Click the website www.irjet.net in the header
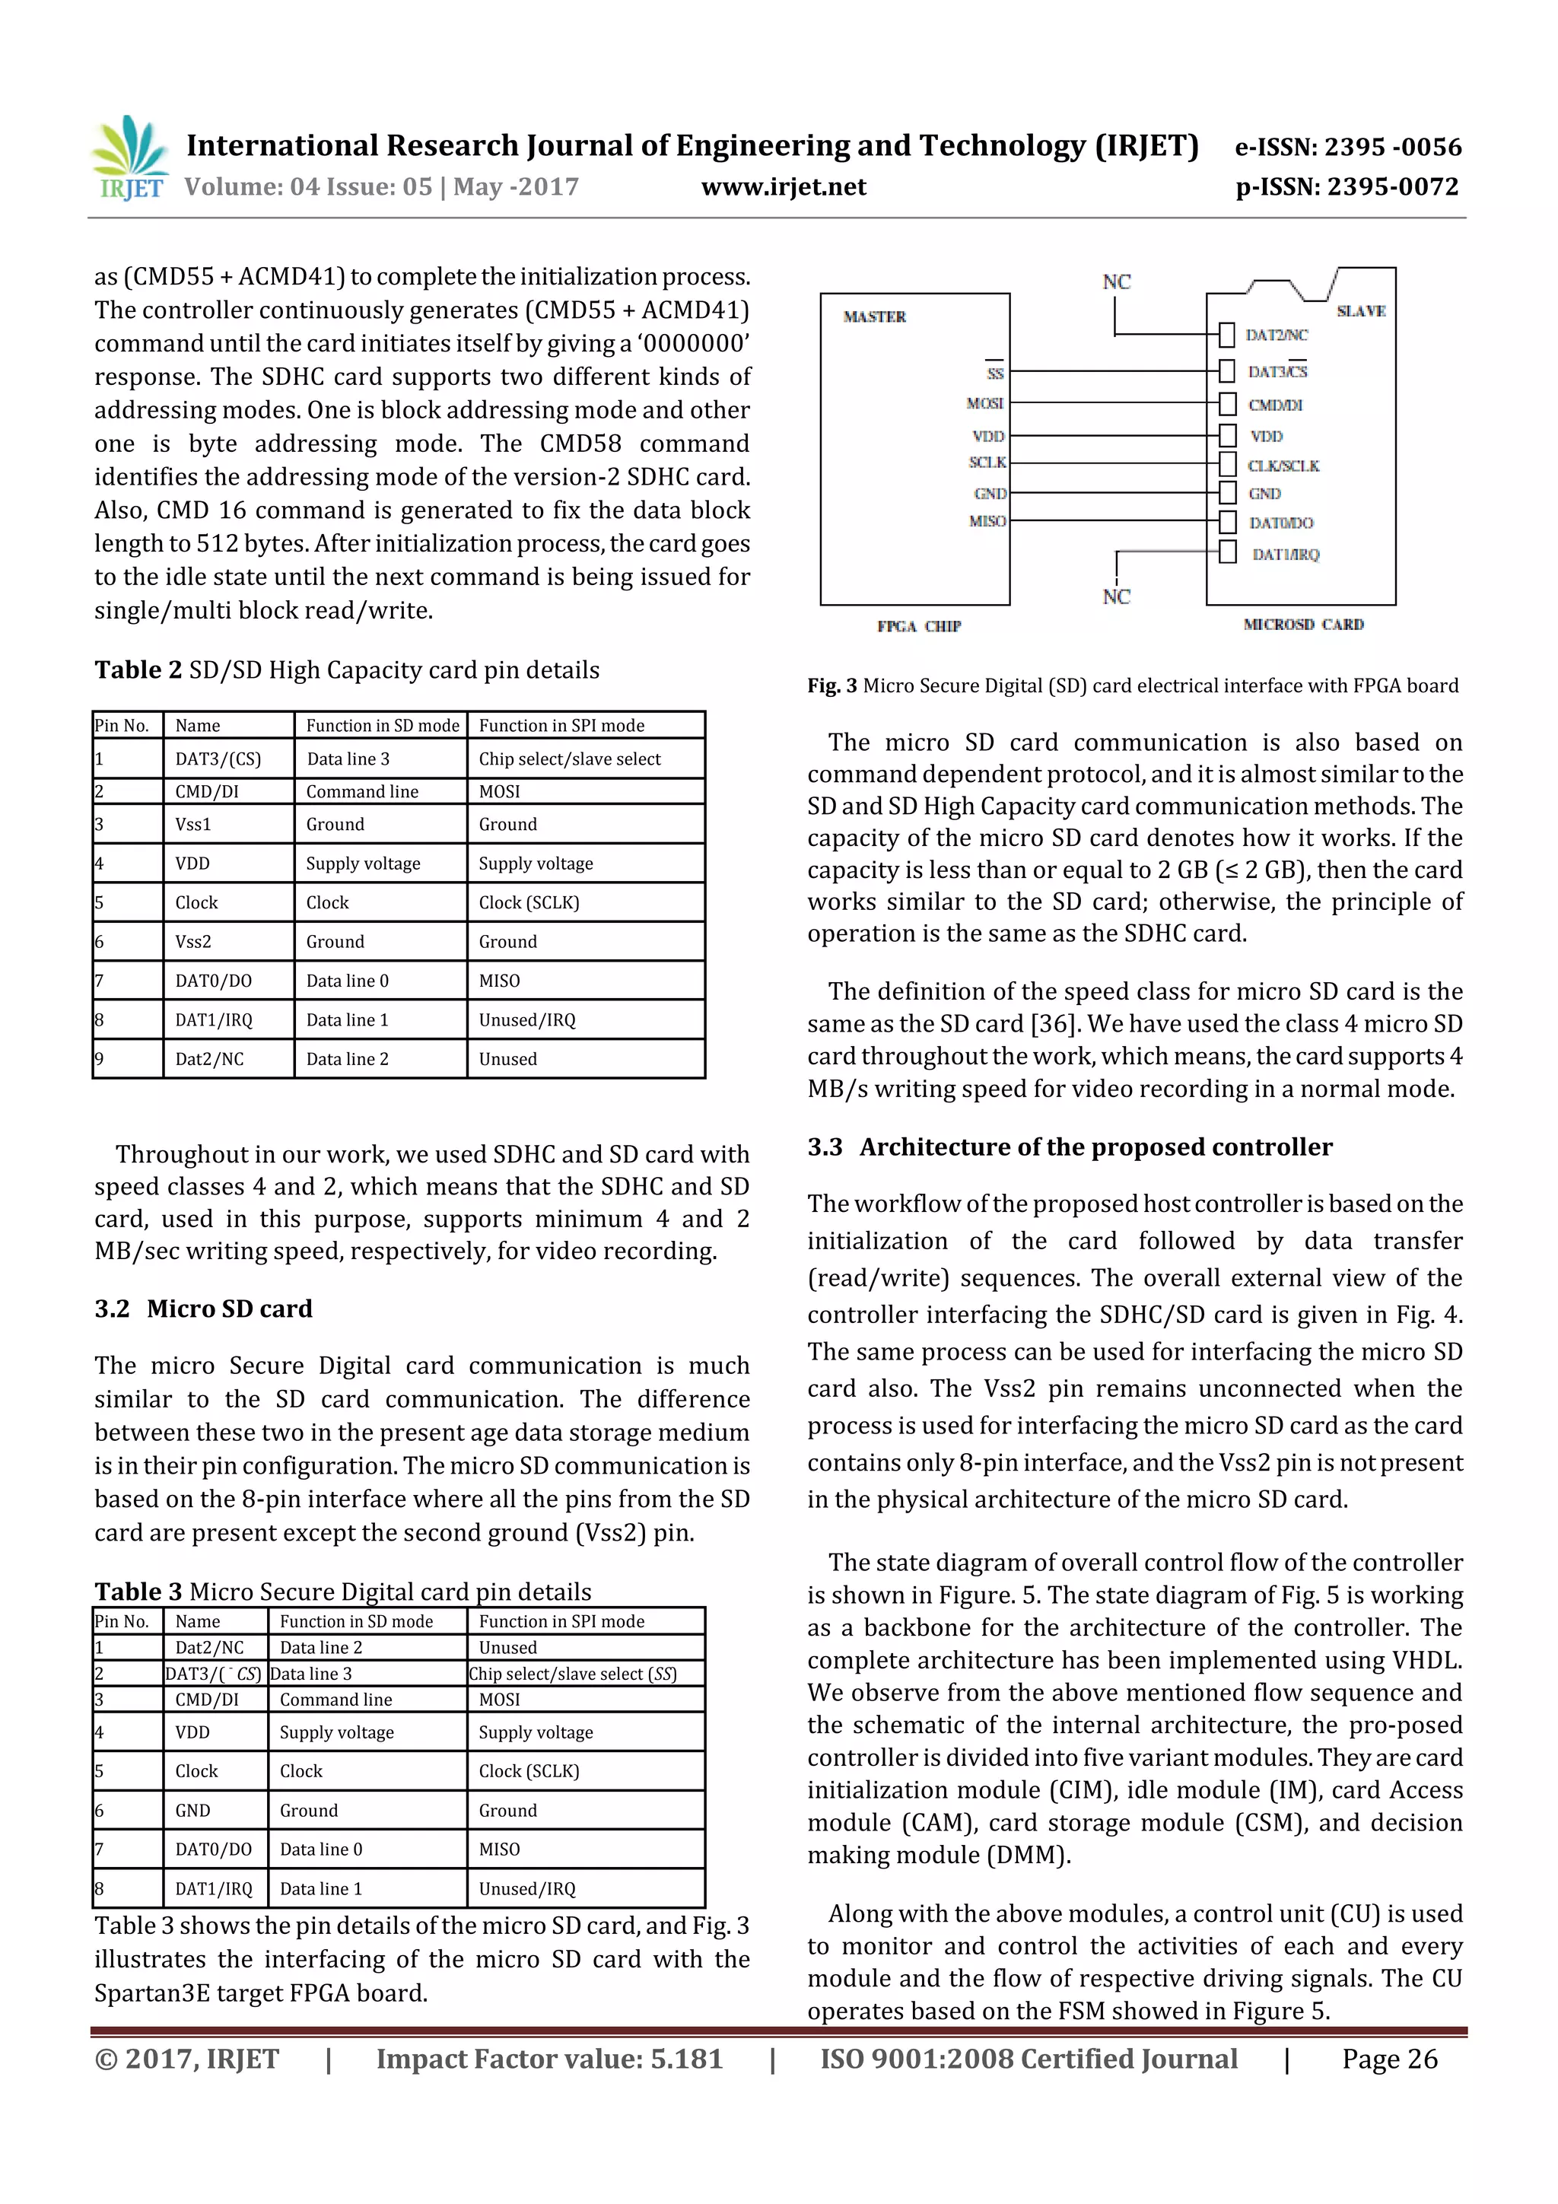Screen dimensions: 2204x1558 click(x=784, y=186)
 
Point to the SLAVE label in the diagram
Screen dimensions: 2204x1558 click(x=1360, y=311)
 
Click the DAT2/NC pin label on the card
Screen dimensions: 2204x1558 click(x=1276, y=335)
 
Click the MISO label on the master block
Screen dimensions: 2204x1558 click(x=987, y=521)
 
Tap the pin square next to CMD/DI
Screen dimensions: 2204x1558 click(x=1227, y=403)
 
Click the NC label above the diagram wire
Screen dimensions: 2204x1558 click(x=1115, y=282)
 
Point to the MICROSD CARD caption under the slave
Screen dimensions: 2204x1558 click(x=1302, y=624)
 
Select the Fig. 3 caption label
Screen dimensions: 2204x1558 click(x=831, y=685)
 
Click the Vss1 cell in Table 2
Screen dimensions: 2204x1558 click(x=193, y=824)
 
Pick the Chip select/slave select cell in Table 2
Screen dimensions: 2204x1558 click(x=569, y=759)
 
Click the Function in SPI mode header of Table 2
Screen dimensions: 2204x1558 click(x=561, y=726)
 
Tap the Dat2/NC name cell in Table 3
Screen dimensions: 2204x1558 click(x=209, y=1647)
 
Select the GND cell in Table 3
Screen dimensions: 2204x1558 click(x=193, y=1811)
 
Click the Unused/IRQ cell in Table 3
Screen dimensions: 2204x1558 click(x=527, y=1888)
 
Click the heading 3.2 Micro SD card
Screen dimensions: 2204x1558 click(x=204, y=1309)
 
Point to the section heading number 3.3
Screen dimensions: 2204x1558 click(x=825, y=1147)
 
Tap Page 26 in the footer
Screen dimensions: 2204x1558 click(x=1389, y=2058)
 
